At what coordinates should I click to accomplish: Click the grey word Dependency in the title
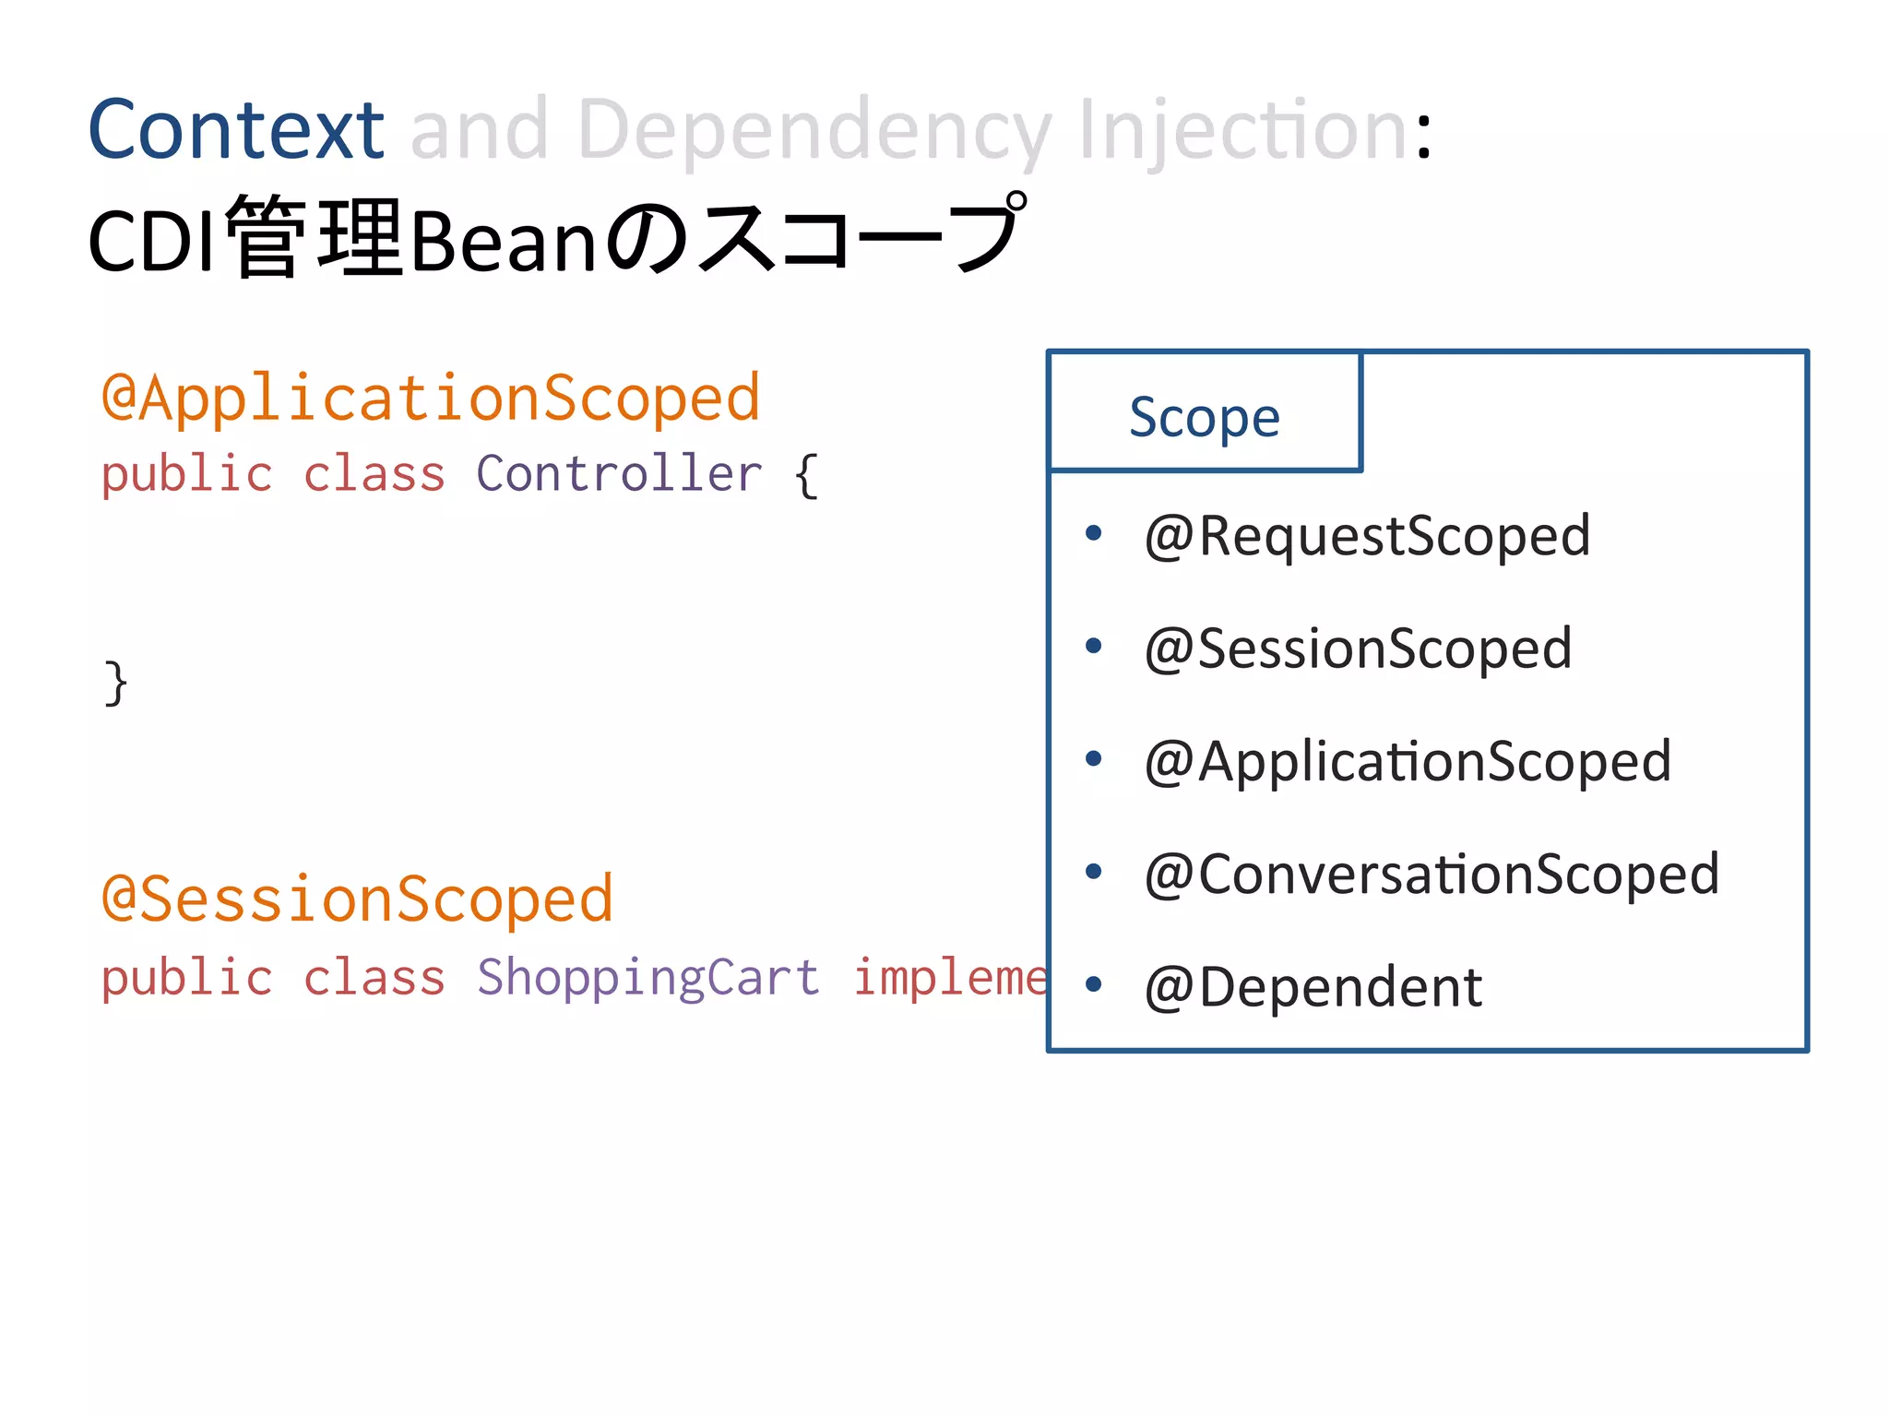814,131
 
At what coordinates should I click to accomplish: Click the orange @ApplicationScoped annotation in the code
431,398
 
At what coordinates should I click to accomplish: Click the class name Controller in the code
619,474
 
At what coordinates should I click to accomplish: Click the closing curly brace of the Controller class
116,684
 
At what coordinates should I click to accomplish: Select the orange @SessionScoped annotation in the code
357,899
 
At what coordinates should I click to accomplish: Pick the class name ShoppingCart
648,977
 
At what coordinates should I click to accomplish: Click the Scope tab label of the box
1205,417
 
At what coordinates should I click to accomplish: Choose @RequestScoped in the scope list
1367,536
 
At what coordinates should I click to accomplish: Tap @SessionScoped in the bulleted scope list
1358,649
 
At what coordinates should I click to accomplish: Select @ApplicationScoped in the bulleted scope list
1408,762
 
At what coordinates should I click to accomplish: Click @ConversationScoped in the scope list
1432,874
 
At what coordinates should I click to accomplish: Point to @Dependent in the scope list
1313,987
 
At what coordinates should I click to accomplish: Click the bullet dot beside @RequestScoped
1094,533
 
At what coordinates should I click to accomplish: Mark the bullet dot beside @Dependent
1094,984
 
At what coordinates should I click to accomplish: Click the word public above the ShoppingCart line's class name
187,977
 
